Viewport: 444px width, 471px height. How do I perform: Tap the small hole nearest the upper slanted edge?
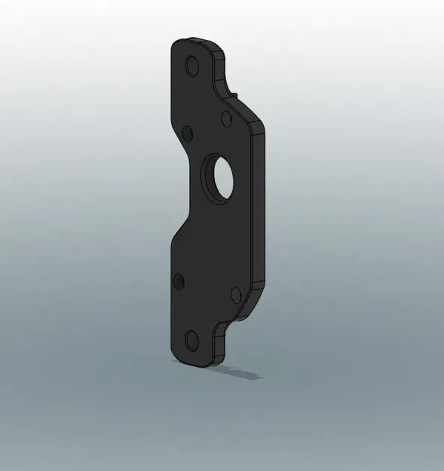(x=225, y=118)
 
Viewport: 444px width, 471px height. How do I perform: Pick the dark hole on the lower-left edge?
(x=179, y=282)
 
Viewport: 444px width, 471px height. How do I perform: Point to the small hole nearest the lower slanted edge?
(x=234, y=293)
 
